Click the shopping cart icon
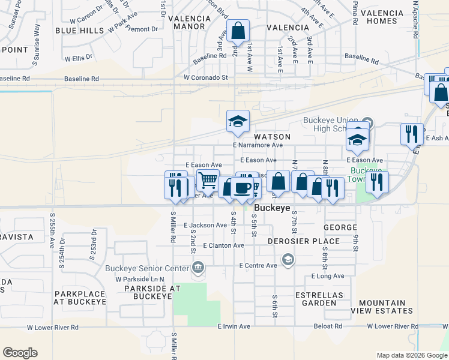(x=208, y=179)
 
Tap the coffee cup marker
(x=242, y=188)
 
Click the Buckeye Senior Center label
(x=148, y=268)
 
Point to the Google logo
(x=20, y=353)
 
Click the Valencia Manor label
(x=190, y=22)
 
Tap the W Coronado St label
(x=206, y=77)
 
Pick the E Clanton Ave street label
(x=223, y=245)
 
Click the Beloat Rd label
(x=327, y=326)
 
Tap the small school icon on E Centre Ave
(x=288, y=259)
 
